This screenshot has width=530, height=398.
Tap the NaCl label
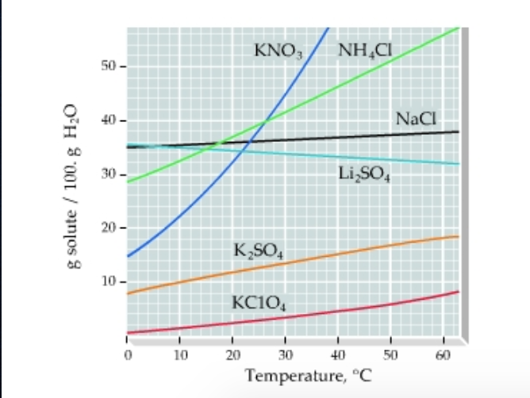[414, 119]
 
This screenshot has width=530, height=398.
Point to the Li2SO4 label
[359, 174]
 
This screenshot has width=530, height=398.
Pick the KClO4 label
[259, 301]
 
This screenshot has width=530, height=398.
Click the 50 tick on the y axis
[108, 66]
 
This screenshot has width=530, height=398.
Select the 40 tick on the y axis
[108, 121]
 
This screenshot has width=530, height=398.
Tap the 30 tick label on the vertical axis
[108, 174]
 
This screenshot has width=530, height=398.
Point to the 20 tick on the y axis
[108, 228]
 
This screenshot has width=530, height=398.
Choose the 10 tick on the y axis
[108, 282]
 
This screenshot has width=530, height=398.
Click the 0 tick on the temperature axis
[127, 352]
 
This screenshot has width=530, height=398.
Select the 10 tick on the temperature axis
[179, 352]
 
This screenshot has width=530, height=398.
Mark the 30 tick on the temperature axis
[285, 352]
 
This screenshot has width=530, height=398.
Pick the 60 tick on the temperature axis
[443, 352]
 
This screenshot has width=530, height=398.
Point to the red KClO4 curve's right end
[459, 292]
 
